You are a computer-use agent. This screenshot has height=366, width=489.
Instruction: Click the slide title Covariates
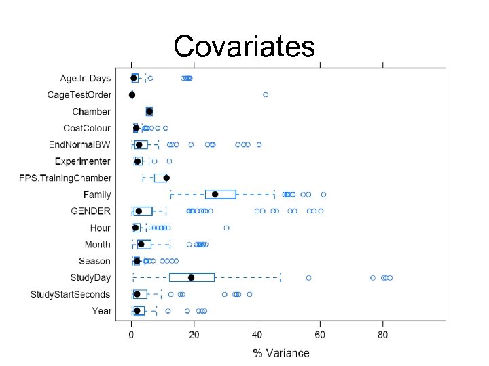244,46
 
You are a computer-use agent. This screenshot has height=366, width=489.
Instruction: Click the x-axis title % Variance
280,352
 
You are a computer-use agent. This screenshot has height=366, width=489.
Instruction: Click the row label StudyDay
90,278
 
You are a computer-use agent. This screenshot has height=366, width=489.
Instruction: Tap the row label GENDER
92,211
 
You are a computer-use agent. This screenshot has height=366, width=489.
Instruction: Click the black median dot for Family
215,195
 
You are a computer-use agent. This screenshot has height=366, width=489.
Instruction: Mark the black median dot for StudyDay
191,278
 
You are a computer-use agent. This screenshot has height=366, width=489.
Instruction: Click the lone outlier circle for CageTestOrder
266,95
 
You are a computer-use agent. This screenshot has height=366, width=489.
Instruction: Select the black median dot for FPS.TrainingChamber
166,178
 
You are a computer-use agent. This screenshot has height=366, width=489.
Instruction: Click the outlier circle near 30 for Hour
226,228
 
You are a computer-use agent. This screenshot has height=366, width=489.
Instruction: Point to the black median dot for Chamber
149,111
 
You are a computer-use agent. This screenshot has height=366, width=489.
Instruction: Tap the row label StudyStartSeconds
70,294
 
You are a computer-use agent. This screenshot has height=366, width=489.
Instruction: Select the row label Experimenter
82,161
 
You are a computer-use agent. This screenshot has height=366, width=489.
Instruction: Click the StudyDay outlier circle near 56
309,278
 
